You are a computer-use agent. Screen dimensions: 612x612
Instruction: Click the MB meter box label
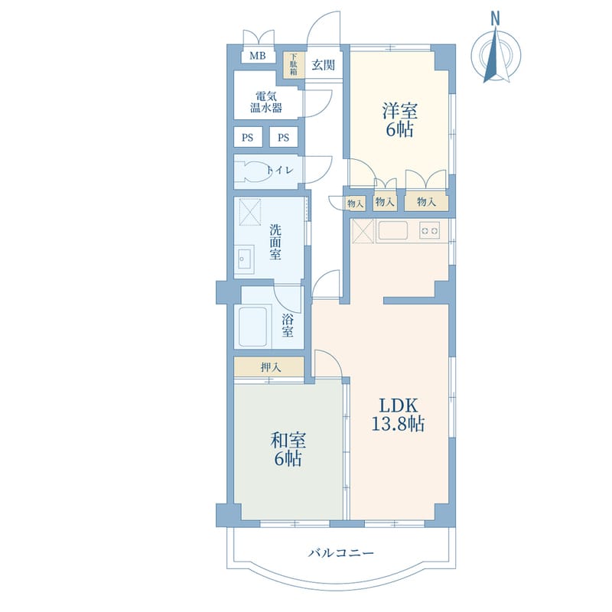click(x=258, y=56)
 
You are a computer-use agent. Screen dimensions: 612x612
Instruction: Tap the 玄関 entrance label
click(x=323, y=65)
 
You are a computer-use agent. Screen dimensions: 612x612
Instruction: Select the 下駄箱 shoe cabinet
click(x=294, y=64)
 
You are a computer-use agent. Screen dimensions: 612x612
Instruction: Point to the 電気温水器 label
click(x=265, y=102)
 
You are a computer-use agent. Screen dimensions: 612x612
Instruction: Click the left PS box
click(x=247, y=138)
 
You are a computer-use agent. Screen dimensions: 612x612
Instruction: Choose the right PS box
click(x=284, y=138)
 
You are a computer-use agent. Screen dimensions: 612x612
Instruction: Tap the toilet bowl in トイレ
click(x=254, y=171)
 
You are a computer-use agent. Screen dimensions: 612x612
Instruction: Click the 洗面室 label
click(x=275, y=242)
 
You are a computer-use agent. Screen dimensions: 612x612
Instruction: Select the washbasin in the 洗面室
click(x=244, y=259)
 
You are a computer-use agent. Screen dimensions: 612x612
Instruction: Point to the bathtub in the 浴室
click(x=255, y=327)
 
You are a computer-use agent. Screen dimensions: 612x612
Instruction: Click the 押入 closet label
click(x=271, y=367)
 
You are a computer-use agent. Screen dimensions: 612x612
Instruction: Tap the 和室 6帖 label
click(x=288, y=449)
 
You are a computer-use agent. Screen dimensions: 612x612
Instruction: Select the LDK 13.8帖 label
click(x=398, y=415)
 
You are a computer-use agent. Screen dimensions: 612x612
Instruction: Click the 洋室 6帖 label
click(x=399, y=119)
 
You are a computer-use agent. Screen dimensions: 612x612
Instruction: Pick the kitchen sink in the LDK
click(x=392, y=230)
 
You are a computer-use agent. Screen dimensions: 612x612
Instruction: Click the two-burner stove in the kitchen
click(x=430, y=230)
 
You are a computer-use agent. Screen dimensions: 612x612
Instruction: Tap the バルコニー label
click(x=341, y=553)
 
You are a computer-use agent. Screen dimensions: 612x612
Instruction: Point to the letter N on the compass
click(x=496, y=18)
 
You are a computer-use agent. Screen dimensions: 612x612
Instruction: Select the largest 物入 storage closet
click(x=426, y=202)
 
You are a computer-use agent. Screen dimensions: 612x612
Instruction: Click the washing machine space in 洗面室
click(x=250, y=212)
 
